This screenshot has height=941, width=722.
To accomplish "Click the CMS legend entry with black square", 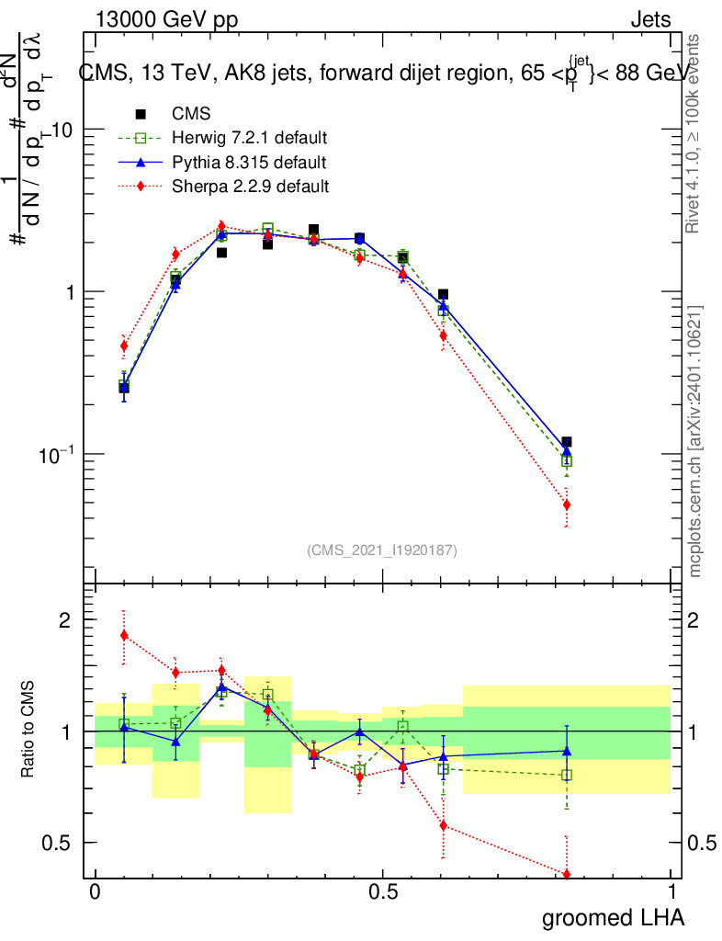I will [191, 114].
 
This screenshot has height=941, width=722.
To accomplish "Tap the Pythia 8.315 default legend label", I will [249, 163].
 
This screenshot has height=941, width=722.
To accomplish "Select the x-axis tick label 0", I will [95, 892].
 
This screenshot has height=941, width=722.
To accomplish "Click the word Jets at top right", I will [649, 19].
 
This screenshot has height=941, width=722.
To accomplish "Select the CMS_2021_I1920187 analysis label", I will [382, 550].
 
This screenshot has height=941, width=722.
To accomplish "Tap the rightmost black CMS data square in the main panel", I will [567, 442].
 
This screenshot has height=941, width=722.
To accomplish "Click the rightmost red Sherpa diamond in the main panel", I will [567, 505].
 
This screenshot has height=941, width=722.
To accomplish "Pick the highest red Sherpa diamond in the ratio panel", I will [124, 635].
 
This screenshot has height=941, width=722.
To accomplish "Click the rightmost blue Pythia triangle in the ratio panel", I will [567, 751].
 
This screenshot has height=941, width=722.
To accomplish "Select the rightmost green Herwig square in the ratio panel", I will [567, 775].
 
